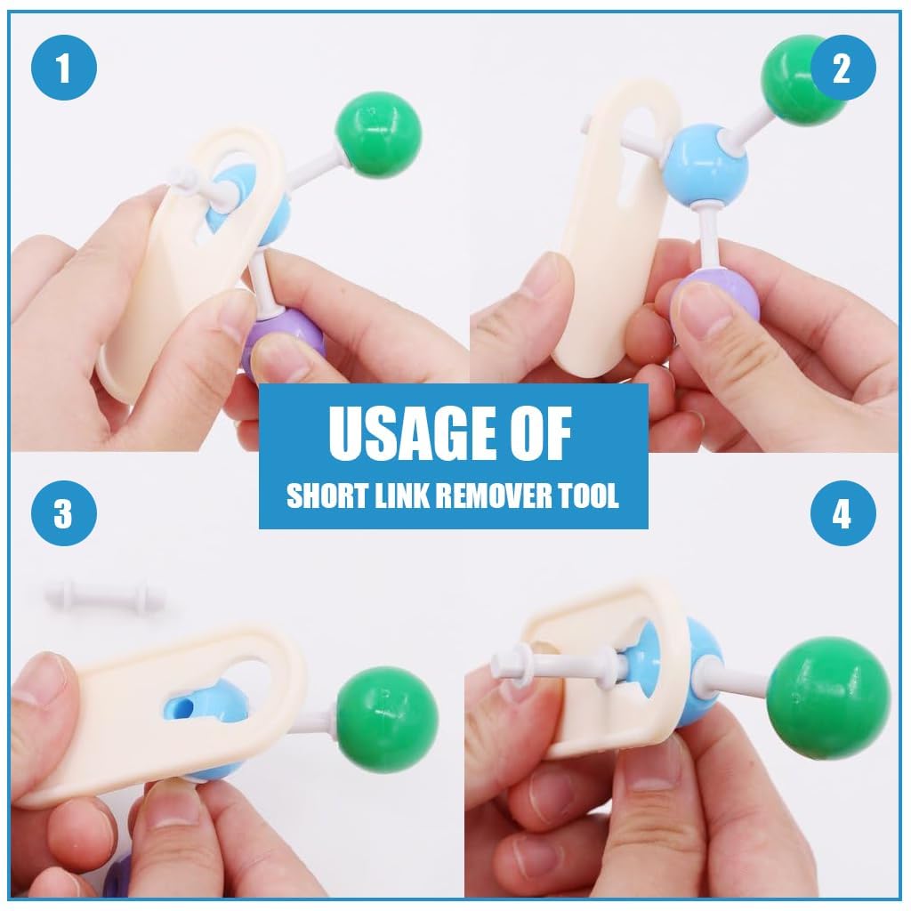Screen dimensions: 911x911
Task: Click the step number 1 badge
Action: [x=63, y=69]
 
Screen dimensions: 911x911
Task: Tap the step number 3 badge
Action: [x=63, y=513]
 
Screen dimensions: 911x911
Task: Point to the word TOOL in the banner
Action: [x=590, y=496]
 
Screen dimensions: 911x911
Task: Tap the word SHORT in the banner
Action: [x=321, y=496]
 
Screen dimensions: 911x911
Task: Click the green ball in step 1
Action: [x=378, y=133]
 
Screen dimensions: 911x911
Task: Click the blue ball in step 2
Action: [x=708, y=165]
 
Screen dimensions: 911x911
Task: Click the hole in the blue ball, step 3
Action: [x=181, y=706]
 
